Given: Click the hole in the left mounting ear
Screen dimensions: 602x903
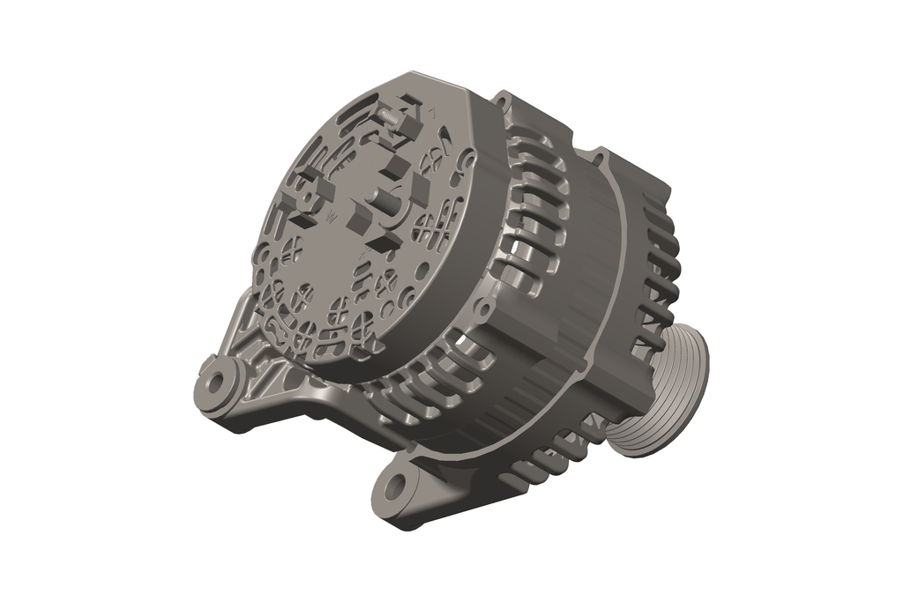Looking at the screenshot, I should click(214, 384).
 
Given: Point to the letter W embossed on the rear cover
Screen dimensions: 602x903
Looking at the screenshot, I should click(332, 215).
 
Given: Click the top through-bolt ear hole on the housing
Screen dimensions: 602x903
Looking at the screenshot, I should click(503, 99).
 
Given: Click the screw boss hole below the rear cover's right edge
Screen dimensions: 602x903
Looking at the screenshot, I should click(482, 310).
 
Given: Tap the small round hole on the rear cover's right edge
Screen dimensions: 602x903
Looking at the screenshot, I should click(468, 163).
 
